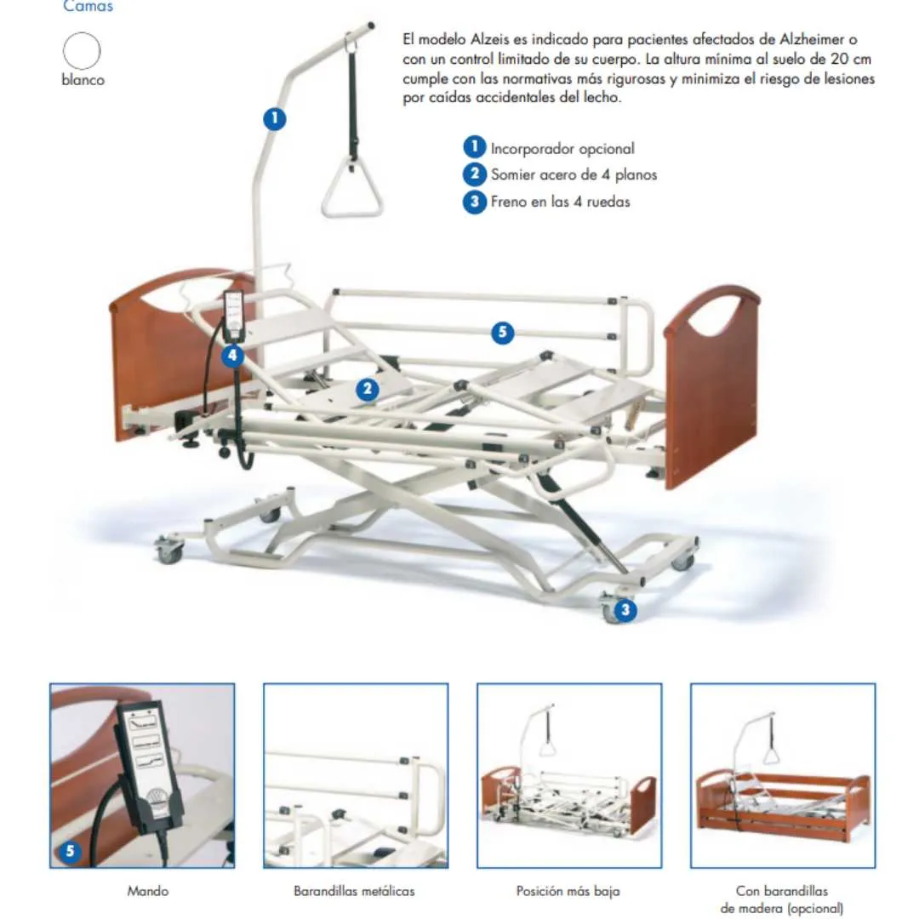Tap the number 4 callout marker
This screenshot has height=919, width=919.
coord(233,356)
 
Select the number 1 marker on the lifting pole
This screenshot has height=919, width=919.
coord(274,118)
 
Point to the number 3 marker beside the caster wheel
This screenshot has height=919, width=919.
coord(625,609)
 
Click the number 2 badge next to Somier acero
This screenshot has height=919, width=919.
coord(474,174)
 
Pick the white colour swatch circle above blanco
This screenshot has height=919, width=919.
coord(82,50)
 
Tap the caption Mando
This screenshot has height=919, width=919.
coord(147,891)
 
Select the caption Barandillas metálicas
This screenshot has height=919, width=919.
coord(354,891)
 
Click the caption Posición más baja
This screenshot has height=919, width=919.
coord(568,891)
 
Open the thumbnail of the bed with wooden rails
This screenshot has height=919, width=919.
coord(782,775)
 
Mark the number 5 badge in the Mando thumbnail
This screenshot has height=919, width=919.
coord(71,849)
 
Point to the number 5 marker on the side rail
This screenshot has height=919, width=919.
coord(502,333)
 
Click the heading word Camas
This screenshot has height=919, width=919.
coord(88,7)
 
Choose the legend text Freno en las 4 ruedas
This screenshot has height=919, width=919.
coord(560,202)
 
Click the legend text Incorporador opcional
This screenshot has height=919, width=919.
coord(562,148)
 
